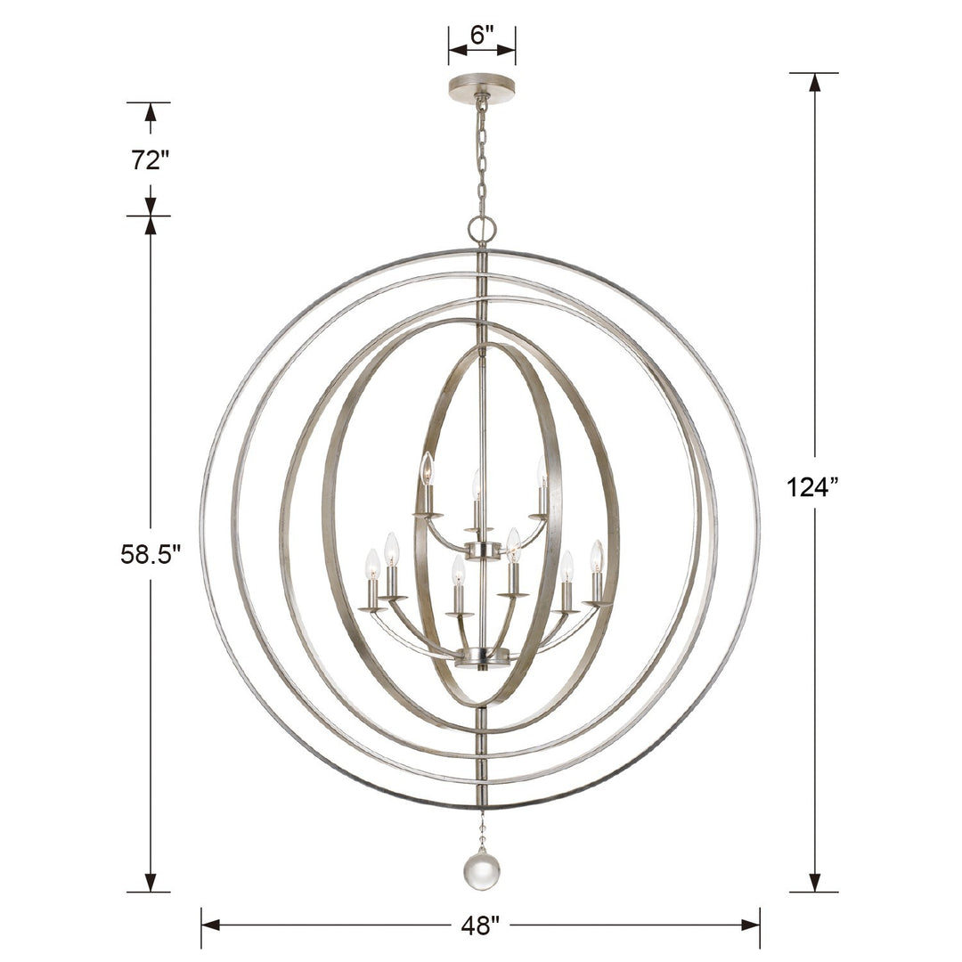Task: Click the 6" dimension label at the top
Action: tap(482, 36)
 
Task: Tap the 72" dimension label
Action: tap(150, 160)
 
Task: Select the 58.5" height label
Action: tap(151, 554)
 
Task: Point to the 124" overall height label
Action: tap(813, 487)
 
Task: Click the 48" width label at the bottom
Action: tap(481, 925)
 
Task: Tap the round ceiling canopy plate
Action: tap(482, 87)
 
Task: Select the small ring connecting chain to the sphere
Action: tap(482, 230)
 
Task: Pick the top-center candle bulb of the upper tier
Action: tap(477, 483)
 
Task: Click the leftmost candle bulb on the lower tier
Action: tap(372, 563)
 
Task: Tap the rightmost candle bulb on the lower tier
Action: tap(596, 555)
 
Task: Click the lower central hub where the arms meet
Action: tap(482, 657)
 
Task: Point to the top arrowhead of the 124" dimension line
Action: tap(813, 82)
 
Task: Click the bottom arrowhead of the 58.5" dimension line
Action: tap(151, 882)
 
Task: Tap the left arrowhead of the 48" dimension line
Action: tap(211, 925)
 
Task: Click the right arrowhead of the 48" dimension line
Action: tap(750, 925)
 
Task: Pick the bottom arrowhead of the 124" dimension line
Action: tap(813, 882)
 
